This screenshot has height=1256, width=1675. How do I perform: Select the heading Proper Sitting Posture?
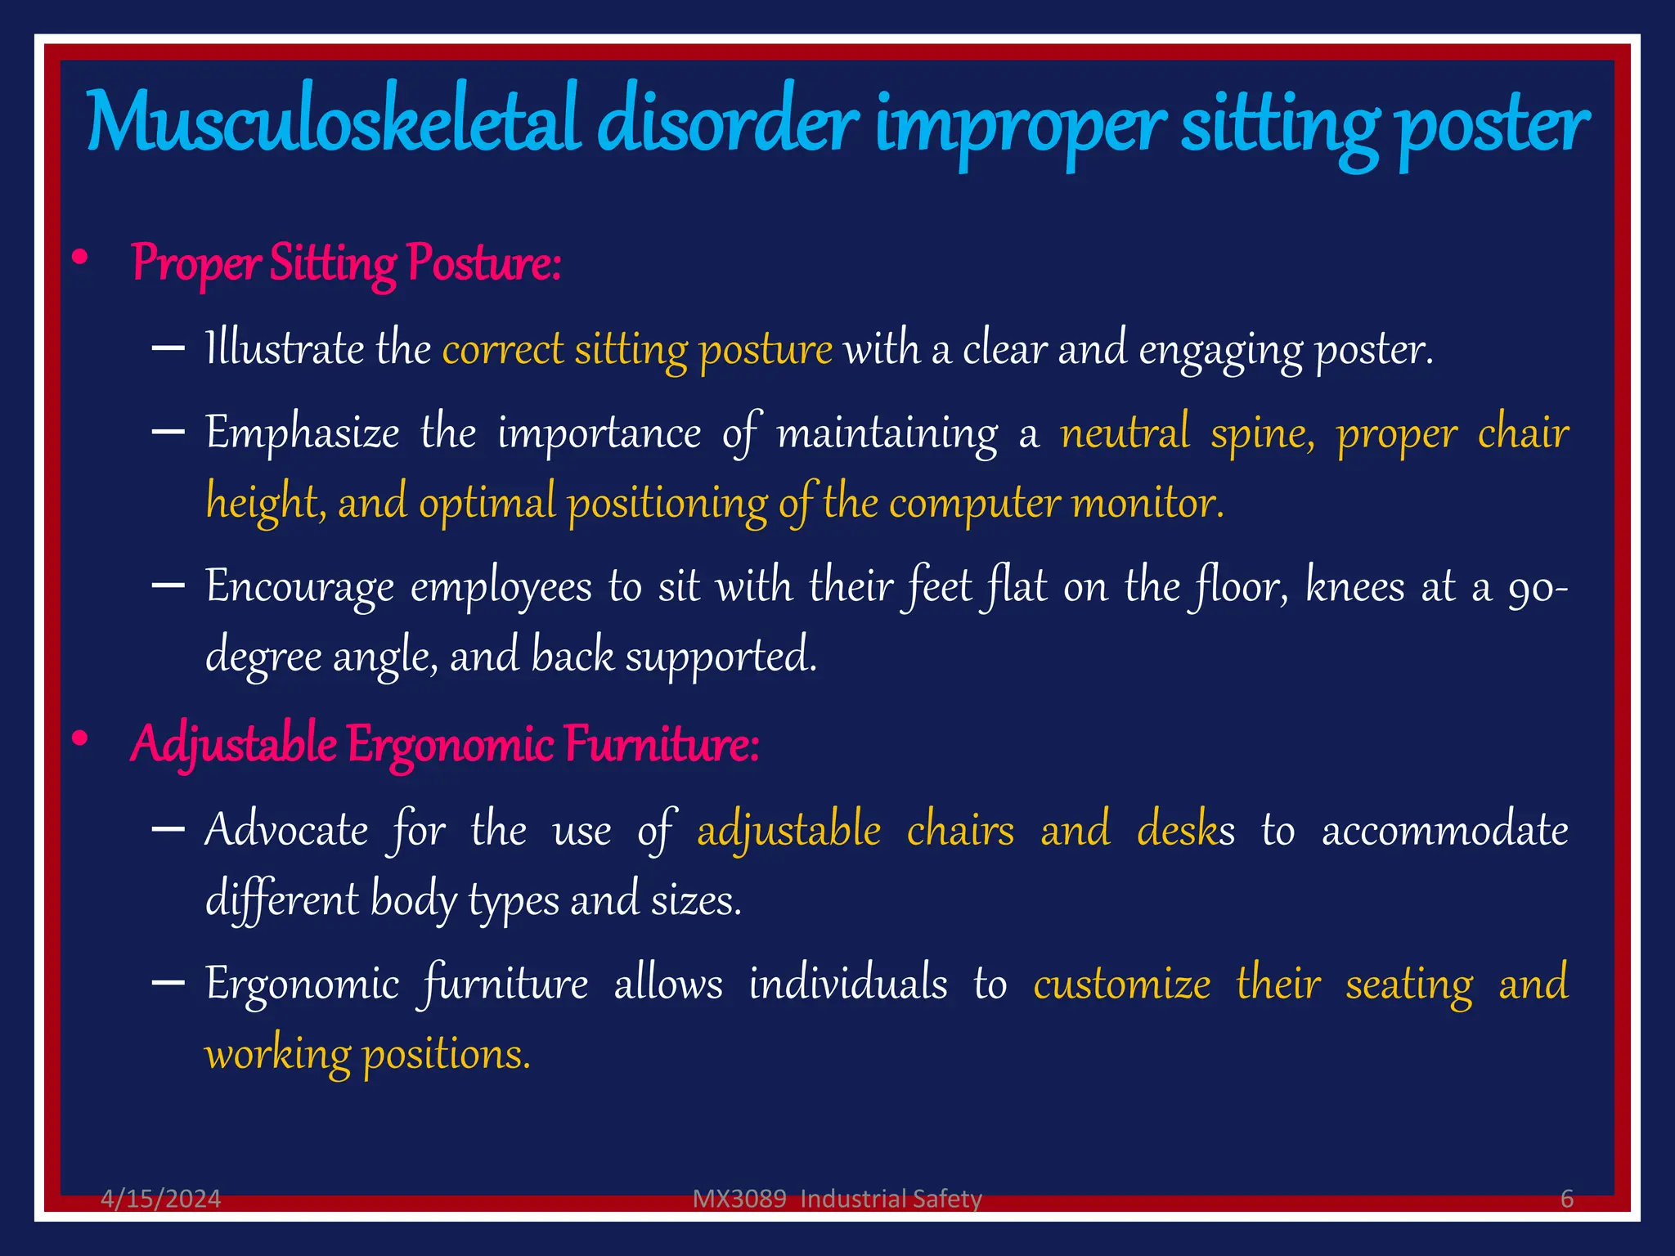pos(346,263)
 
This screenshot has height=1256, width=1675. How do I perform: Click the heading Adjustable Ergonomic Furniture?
pos(445,744)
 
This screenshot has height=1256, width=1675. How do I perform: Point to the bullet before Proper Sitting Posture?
pos(79,259)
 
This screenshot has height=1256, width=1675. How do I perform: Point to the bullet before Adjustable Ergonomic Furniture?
pos(79,739)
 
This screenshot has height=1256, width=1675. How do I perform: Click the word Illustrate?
pos(284,349)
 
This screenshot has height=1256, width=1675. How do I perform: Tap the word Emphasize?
pos(302,433)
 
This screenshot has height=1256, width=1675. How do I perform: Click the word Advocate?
pos(286,831)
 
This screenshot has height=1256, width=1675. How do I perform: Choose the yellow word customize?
pos(1121,984)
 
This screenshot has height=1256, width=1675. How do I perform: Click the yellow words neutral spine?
pos(1187,433)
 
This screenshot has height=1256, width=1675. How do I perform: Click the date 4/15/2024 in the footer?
pos(160,1199)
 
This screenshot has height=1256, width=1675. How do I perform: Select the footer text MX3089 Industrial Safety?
pos(837,1199)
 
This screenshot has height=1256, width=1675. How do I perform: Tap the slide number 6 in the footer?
pos(1566,1199)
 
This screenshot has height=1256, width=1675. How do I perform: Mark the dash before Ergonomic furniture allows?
pos(168,983)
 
